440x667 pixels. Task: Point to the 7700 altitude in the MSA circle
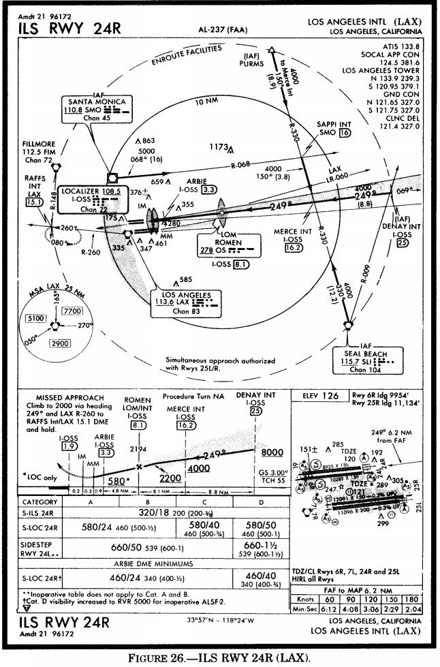point(72,311)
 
